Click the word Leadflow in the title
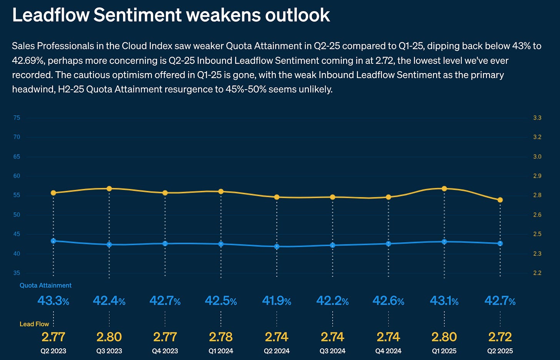50,15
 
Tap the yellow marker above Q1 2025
444,188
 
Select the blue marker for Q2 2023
53,241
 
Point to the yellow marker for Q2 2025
500,200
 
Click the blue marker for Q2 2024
277,246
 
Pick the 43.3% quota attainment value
53,301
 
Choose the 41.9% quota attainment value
277,301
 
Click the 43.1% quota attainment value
444,301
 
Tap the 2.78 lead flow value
221,337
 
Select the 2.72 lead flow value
500,337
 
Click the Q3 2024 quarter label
332,351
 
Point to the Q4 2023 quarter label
165,351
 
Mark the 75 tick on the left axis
17,118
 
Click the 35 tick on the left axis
17,273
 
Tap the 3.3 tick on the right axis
537,118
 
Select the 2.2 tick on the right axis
537,273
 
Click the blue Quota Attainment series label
45,285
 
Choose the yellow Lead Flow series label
34,324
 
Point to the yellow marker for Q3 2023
109,188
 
